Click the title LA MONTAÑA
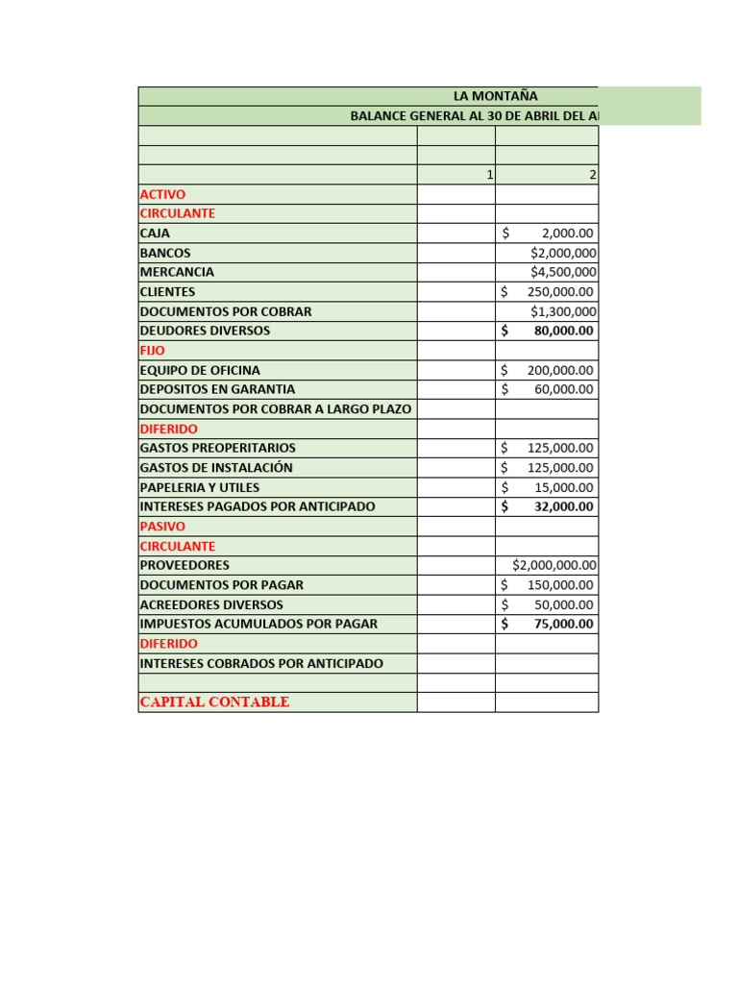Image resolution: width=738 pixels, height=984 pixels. pos(495,96)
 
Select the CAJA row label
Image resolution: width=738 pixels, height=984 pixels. pos(155,233)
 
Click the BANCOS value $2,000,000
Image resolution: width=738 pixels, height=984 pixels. pos(563,253)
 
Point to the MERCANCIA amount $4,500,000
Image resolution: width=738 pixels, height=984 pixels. pos(563,272)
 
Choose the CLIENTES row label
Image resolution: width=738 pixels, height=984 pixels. pos(167,291)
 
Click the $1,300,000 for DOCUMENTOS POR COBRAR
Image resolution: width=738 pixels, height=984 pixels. pos(563,311)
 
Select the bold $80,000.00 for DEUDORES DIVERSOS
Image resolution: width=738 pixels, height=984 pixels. pos(563,331)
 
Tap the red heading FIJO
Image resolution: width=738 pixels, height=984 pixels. pos(153,351)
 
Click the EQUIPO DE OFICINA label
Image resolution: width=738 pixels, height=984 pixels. pos(200,370)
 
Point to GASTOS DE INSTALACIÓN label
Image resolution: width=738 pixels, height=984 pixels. pos(216,468)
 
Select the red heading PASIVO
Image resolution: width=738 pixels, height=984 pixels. pos(162,527)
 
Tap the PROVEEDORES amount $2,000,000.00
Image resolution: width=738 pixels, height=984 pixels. pos(554,565)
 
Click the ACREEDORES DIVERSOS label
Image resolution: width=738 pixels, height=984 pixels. pos(211,604)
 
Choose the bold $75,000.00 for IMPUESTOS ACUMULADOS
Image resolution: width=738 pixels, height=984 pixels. pos(563,624)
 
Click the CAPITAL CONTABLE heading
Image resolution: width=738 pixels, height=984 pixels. pos(214,701)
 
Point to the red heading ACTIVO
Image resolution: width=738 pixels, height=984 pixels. pos(162,194)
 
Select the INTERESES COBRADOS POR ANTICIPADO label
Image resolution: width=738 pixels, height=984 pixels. pos(261,663)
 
